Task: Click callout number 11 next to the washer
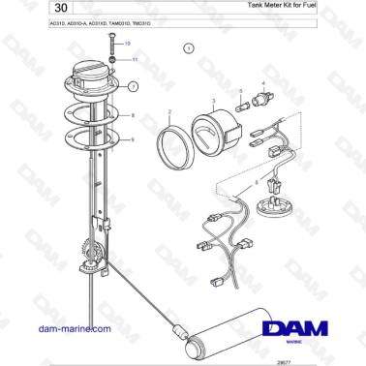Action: pos(135,60)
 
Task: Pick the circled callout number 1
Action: pos(189,47)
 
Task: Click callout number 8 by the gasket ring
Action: pos(134,115)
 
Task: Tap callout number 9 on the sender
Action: pos(134,139)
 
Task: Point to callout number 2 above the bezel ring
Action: pos(169,112)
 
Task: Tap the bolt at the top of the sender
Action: pos(114,48)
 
